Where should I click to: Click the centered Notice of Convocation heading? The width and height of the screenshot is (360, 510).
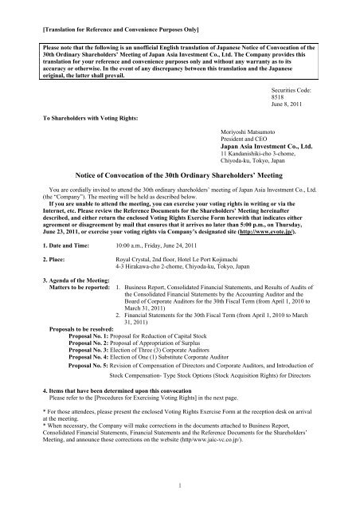(x=180, y=173)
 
